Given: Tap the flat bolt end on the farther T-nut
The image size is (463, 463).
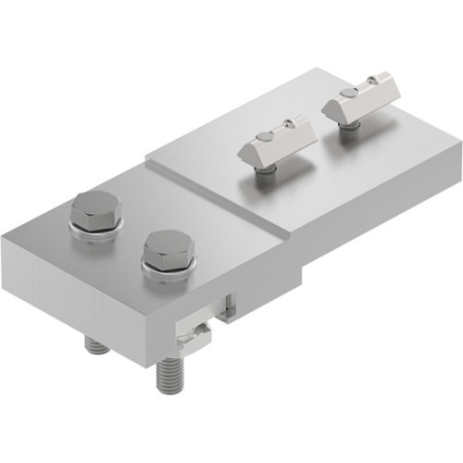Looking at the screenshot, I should [x=347, y=94].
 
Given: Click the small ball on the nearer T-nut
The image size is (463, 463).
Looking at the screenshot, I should [x=288, y=121].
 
